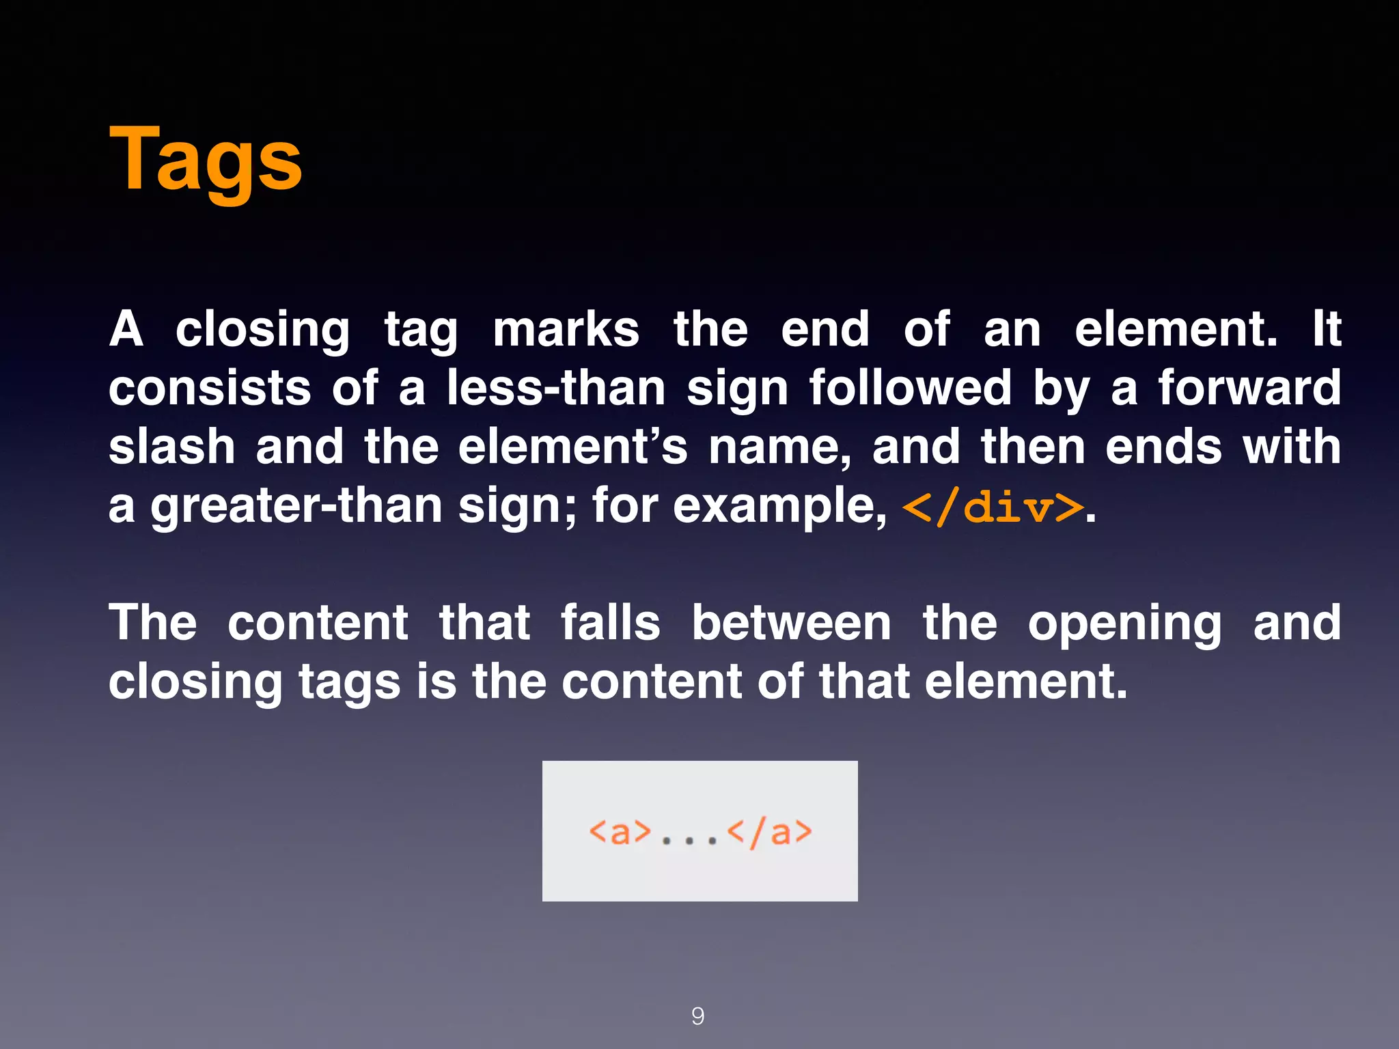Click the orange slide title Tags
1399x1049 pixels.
(205, 160)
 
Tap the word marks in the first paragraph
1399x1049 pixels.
(566, 329)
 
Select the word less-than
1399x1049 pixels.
(556, 388)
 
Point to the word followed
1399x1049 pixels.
(910, 388)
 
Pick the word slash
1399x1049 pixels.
(172, 447)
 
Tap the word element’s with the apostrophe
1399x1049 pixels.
(572, 447)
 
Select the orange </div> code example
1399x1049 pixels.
(993, 507)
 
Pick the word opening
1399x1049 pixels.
(1124, 624)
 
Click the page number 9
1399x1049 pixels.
(697, 1016)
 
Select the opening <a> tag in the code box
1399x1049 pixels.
(620, 832)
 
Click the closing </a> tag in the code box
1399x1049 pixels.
(770, 832)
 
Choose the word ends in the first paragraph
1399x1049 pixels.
(1163, 447)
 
